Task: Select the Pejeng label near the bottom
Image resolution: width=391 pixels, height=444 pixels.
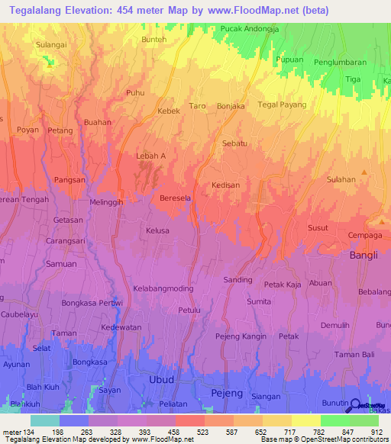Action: pos(226,393)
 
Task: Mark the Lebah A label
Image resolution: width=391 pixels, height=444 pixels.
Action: pos(150,156)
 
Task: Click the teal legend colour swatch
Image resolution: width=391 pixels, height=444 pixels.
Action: pos(44,420)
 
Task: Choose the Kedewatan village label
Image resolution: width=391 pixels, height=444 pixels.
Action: pos(121,327)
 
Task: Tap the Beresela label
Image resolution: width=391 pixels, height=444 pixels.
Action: pos(174,198)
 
